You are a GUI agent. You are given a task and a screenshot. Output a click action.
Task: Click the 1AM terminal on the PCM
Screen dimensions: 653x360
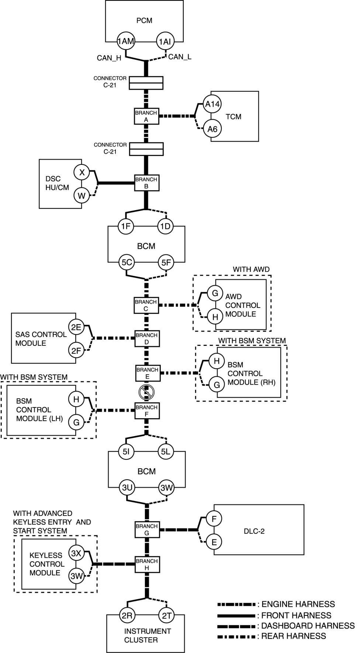click(x=125, y=41)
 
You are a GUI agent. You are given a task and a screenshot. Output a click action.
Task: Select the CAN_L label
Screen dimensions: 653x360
click(x=180, y=57)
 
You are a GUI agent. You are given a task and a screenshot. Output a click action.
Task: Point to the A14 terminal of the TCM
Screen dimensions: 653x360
click(x=212, y=104)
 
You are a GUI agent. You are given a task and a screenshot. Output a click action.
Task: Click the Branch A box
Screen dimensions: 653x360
click(x=146, y=116)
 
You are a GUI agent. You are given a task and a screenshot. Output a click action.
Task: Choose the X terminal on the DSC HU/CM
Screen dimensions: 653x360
click(x=82, y=172)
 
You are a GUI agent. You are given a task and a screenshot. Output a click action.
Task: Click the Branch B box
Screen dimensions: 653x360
click(x=146, y=183)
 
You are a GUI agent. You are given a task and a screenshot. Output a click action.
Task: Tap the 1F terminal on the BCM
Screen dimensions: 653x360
click(x=126, y=226)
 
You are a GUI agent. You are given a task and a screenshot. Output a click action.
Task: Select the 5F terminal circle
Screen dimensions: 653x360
click(x=166, y=263)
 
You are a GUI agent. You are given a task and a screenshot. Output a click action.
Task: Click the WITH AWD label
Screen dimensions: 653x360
click(x=251, y=270)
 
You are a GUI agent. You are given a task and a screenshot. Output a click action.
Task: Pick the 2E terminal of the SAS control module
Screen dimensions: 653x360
click(x=76, y=327)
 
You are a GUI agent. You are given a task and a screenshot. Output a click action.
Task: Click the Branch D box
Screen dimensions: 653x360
click(x=146, y=338)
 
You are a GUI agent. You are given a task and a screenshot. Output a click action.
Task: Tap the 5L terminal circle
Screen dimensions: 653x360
click(x=166, y=451)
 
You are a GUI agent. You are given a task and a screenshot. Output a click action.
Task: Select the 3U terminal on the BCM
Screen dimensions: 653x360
click(x=127, y=488)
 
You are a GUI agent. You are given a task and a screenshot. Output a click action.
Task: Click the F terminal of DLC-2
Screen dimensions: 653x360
click(x=214, y=519)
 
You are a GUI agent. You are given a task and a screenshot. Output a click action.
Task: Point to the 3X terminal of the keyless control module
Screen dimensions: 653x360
click(x=76, y=553)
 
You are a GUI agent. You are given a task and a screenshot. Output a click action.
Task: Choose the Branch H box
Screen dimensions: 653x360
click(x=146, y=564)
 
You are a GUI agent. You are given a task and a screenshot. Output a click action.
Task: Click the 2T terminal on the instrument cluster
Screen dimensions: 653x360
click(x=166, y=615)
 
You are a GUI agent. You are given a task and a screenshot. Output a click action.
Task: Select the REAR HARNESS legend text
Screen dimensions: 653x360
click(x=294, y=636)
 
